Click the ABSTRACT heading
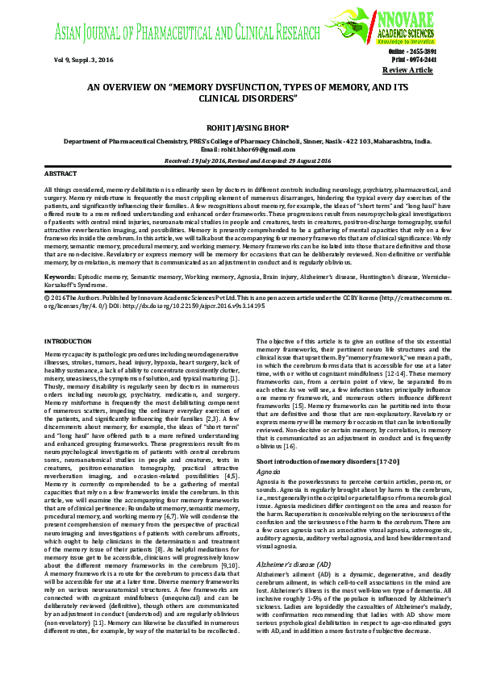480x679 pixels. [x=61, y=173]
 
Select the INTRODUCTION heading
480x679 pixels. [x=69, y=364]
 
